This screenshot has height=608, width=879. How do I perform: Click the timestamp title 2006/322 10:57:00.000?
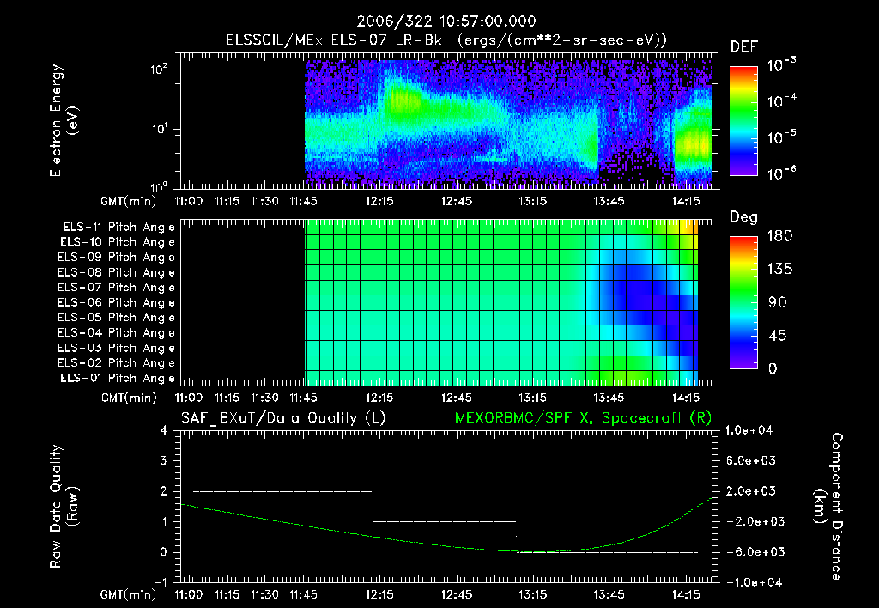(x=439, y=21)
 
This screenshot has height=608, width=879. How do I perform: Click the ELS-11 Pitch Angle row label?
(x=118, y=227)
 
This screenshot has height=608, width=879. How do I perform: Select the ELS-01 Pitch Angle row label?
(x=118, y=378)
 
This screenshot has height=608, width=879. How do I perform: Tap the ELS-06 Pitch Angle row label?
(x=118, y=302)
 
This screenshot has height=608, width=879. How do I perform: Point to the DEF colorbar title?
(x=743, y=46)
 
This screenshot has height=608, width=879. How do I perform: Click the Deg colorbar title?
(x=743, y=217)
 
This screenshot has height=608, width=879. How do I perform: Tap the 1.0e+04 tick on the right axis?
(x=751, y=430)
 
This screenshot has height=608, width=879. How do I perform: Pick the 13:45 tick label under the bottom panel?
(x=609, y=593)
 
